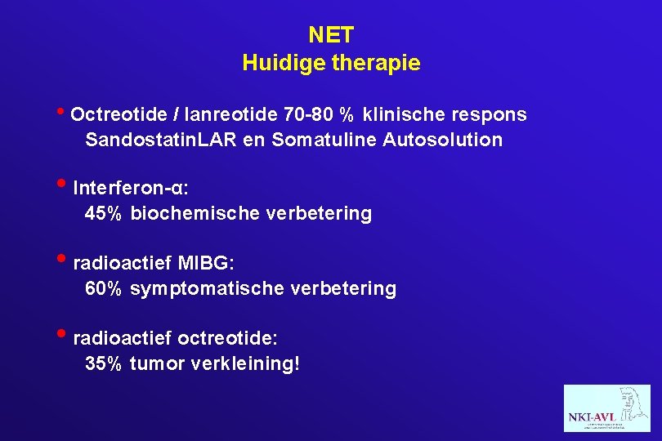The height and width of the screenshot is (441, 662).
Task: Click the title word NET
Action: coord(331,35)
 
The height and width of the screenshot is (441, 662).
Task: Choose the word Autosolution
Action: coord(445,140)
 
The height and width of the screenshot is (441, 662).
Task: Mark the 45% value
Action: coord(104,214)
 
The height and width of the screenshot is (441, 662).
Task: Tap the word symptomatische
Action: coord(208,288)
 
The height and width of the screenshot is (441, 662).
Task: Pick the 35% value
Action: coord(104,363)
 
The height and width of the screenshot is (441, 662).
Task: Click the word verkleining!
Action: coord(245,363)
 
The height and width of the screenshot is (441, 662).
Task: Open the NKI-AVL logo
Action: coord(606,408)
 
